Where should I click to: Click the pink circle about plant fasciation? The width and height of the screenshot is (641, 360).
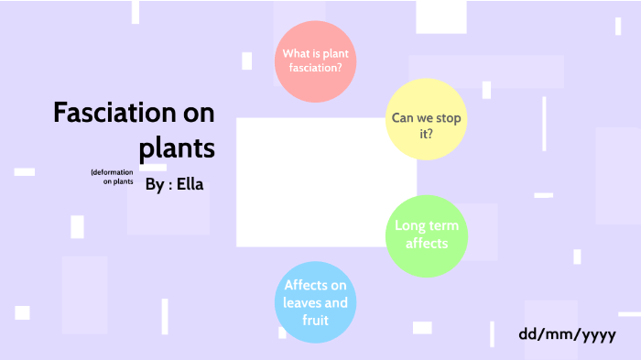coord(315,60)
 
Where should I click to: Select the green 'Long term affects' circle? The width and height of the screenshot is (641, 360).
coord(427,235)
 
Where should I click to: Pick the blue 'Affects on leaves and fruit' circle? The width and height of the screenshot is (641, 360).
coord(315,303)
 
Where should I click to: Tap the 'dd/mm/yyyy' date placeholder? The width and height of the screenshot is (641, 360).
coord(567,334)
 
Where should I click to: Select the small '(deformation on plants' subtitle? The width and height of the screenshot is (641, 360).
coord(113,177)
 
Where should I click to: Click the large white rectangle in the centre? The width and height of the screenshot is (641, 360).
coord(326,181)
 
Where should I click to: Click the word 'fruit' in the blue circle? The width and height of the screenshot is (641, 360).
coord(315,321)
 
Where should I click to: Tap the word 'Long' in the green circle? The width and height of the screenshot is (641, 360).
coord(412,226)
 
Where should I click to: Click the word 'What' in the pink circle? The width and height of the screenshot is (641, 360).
coord(296,52)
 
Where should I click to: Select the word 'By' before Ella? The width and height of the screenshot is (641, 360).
coord(154,184)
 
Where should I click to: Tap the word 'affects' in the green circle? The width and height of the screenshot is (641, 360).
coord(427,244)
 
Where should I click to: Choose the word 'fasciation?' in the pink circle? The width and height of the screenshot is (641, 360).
coord(315,68)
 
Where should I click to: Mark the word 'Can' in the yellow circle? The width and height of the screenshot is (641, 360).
coord(404,118)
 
